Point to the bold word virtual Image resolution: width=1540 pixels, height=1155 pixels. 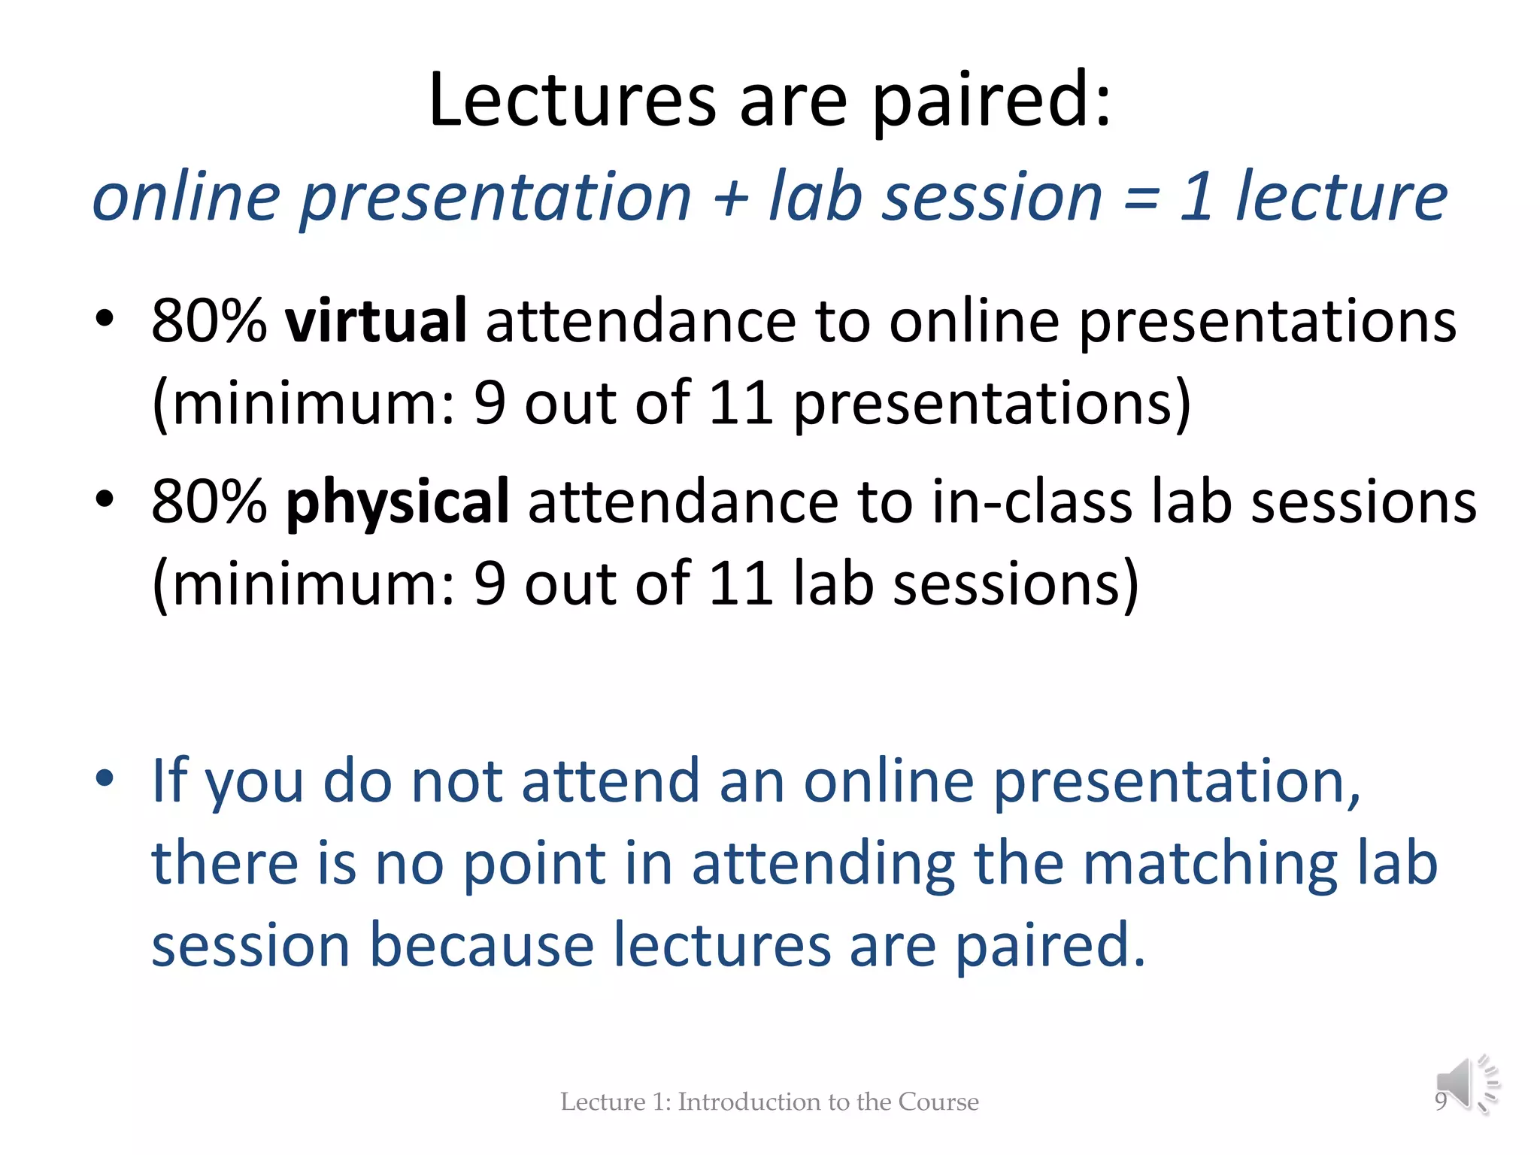tap(376, 321)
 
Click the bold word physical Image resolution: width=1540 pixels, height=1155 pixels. tap(398, 502)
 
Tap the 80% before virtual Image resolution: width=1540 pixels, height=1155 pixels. tap(209, 321)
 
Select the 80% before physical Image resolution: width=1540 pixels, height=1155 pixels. tap(209, 502)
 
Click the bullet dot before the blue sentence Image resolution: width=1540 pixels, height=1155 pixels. tap(105, 778)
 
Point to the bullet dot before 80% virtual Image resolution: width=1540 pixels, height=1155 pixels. tap(105, 319)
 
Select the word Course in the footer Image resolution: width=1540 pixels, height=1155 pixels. tap(938, 1102)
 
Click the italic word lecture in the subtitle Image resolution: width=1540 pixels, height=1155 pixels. tap(1341, 197)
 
